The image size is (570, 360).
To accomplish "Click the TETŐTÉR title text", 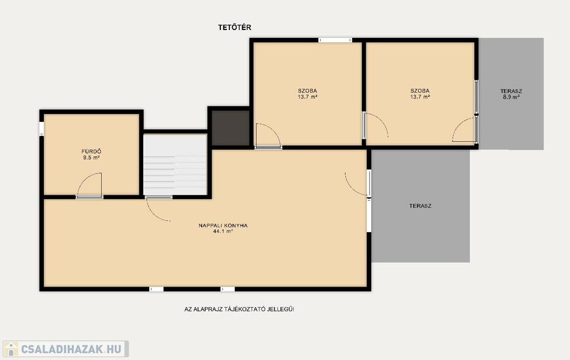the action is [234, 27].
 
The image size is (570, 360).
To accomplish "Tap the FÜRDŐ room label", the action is [91, 151].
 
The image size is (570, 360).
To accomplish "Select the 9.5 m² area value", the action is [91, 157].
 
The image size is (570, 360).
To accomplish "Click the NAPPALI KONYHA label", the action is [223, 225].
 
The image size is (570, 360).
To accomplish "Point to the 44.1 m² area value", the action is [223, 231].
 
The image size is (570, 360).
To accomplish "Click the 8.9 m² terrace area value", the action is [511, 97].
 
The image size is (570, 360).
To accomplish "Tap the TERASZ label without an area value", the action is [420, 206].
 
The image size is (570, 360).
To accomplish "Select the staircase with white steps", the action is [175, 165].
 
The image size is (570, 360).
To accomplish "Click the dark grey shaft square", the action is [230, 128].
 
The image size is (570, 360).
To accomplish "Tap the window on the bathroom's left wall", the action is [41, 129].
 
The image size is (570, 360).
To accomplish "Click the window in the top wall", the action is [335, 40].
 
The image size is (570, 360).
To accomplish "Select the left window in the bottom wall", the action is [156, 289].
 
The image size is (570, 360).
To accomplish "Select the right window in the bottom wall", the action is [228, 289].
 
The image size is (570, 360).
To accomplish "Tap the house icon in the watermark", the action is [11, 349].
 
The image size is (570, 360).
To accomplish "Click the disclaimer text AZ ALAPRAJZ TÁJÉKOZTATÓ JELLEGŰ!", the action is [239, 309].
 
